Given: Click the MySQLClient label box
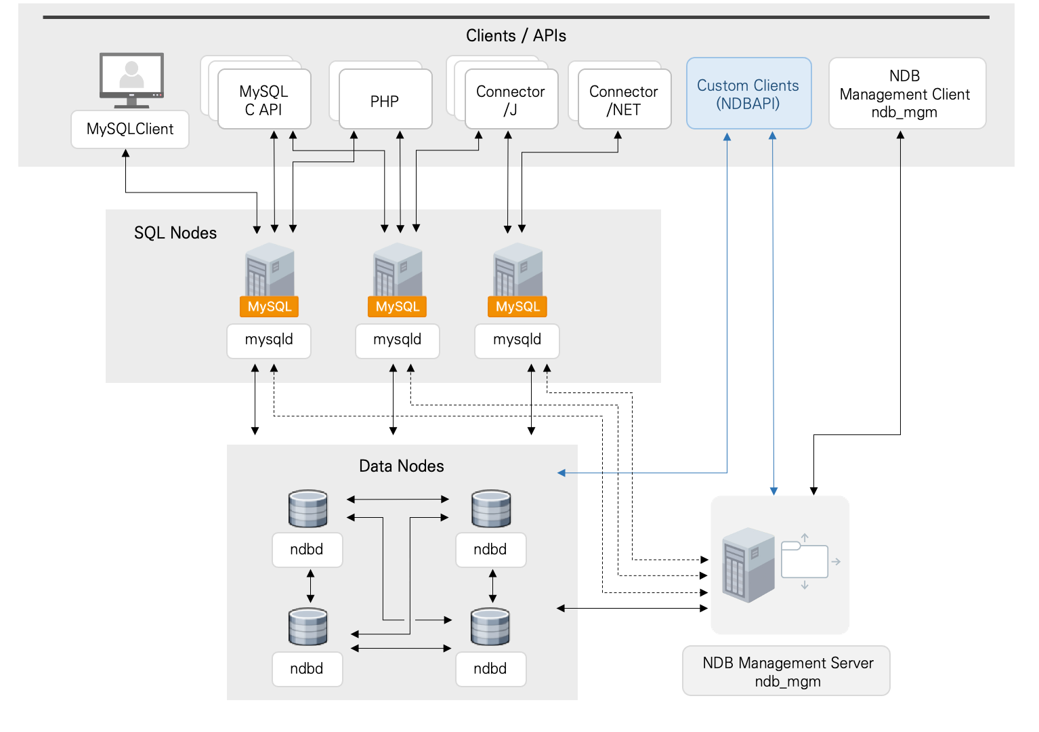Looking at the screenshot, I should click(x=130, y=129).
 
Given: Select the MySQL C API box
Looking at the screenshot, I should click(x=264, y=100).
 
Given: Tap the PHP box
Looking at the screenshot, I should click(x=385, y=100).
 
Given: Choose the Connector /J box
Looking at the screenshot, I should click(x=511, y=100).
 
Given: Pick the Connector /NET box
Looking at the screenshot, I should click(x=624, y=100).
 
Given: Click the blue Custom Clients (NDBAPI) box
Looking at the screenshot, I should click(x=748, y=94).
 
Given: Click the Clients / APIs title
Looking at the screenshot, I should click(x=515, y=36).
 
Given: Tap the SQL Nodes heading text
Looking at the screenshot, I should click(x=175, y=233).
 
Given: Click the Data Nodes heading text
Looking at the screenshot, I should click(x=401, y=466).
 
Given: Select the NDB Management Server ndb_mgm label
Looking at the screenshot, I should click(x=787, y=671).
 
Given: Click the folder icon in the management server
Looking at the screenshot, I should click(x=804, y=561).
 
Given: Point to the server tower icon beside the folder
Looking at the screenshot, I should click(x=748, y=565).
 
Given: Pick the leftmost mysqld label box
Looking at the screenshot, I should click(x=269, y=340).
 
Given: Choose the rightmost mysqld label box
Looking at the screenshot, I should click(x=517, y=340).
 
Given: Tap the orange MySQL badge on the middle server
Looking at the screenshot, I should click(x=398, y=306).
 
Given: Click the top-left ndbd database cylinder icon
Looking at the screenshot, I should click(x=308, y=509).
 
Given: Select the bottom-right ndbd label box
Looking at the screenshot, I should click(x=490, y=669).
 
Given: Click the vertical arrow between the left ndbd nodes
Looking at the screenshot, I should click(x=310, y=586).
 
